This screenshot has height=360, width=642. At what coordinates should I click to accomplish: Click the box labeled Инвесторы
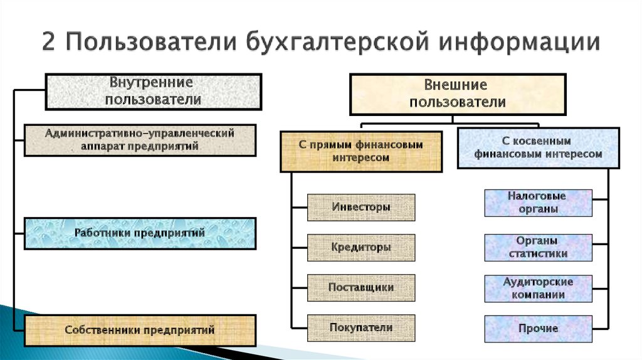click(361, 207)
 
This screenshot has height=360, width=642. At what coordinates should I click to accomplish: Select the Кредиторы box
click(361, 247)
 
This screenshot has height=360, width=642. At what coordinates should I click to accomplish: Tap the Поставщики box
click(361, 287)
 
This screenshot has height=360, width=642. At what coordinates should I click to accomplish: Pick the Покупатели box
click(361, 327)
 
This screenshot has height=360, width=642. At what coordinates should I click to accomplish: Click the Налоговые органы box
click(539, 203)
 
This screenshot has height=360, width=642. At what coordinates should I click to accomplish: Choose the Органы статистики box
click(539, 247)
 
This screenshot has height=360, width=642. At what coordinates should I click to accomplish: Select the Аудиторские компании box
click(539, 289)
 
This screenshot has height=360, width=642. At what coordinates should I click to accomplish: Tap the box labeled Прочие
click(539, 329)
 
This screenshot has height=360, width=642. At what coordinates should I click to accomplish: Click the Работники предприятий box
click(140, 233)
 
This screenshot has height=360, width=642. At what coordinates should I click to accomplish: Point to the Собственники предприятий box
click(140, 330)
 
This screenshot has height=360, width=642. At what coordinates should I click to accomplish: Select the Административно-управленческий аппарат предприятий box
click(140, 140)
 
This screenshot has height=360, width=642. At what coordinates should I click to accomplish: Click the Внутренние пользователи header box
click(154, 92)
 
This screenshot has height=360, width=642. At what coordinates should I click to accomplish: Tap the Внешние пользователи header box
click(458, 94)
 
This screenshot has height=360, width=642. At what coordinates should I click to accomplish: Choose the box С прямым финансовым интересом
click(361, 152)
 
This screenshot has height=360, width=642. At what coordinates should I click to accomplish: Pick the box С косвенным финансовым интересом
click(539, 148)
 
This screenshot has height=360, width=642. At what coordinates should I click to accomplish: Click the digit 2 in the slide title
click(48, 42)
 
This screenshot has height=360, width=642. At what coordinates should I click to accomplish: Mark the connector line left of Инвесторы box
click(299, 208)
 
